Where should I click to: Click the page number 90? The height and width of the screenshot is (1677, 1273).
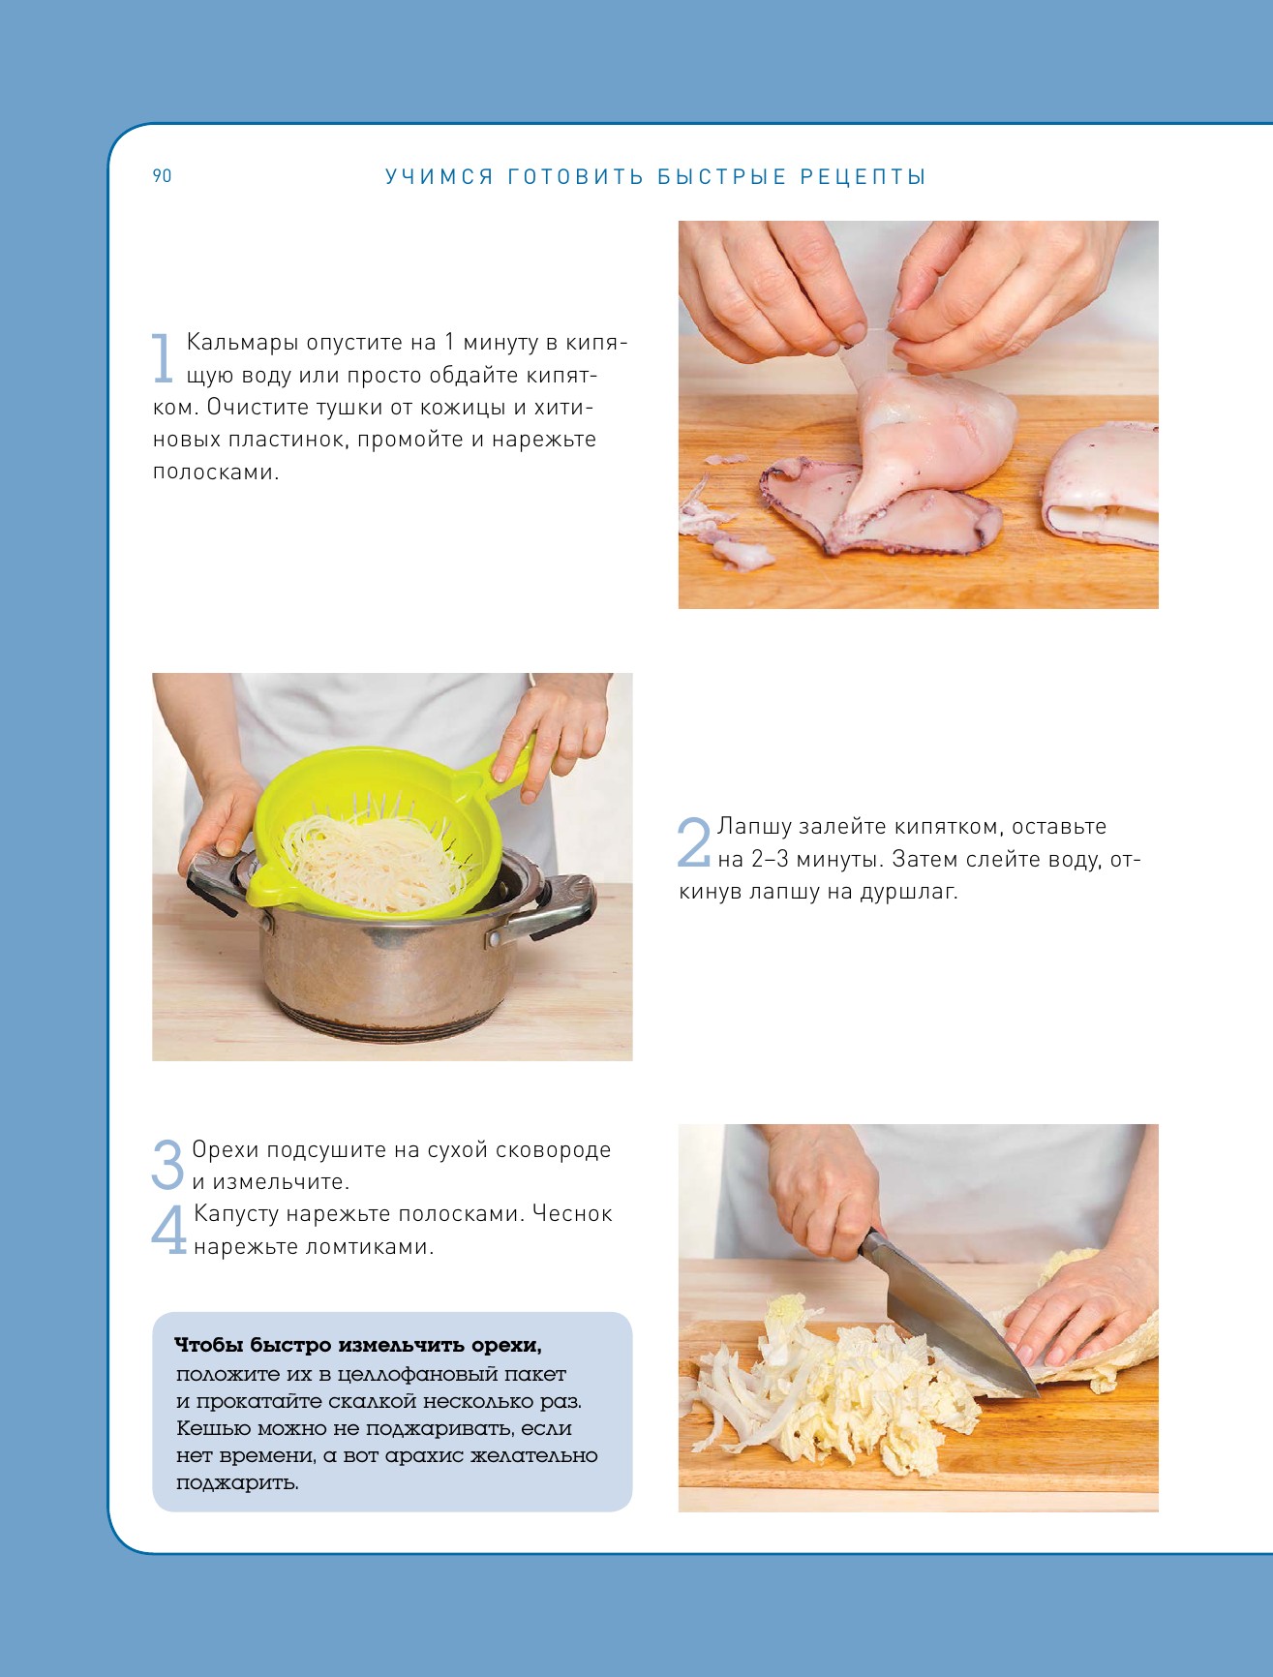[162, 175]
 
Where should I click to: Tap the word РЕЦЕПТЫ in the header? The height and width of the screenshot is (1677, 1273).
[864, 177]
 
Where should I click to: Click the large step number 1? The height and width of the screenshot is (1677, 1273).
[164, 358]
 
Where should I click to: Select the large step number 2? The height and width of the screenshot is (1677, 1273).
[694, 842]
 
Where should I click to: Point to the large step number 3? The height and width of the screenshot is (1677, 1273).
[168, 1165]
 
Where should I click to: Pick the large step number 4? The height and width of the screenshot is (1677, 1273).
[169, 1229]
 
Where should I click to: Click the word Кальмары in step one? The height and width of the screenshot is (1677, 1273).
[242, 343]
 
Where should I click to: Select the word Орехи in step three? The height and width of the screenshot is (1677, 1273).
[226, 1150]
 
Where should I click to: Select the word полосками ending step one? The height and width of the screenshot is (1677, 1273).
[216, 473]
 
